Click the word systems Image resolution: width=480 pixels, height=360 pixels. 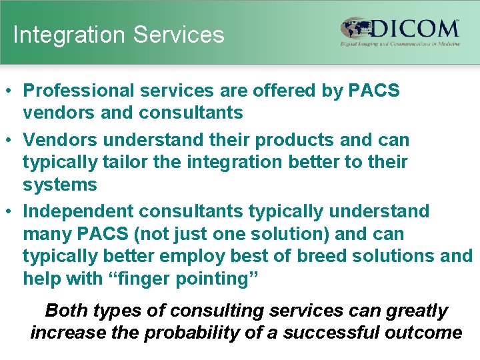[x=60, y=185]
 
